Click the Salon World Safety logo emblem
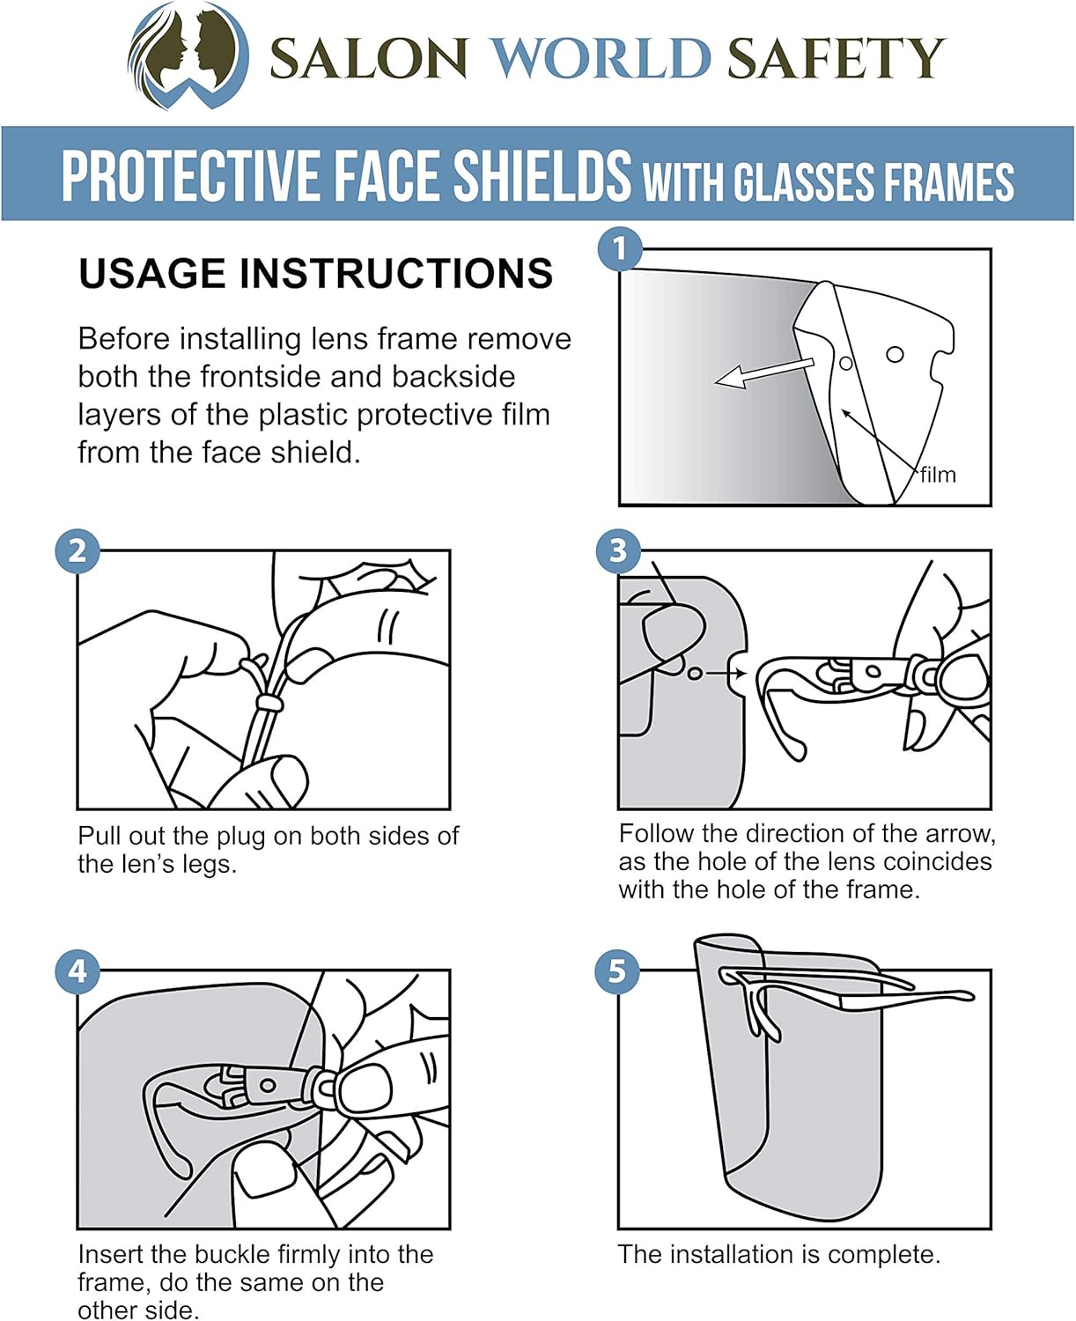pos(188,55)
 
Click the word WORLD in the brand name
pos(600,58)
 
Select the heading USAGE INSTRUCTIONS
pos(315,273)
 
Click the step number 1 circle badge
pos(620,248)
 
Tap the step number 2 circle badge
pos(77,551)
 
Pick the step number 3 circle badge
pos(618,550)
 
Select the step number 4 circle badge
pos(77,971)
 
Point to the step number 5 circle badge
pos(617,971)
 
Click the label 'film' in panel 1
pos(938,475)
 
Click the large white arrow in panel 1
pos(763,373)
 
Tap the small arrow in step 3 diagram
pos(726,674)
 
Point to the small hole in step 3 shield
pos(695,674)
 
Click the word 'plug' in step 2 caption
pos(241,837)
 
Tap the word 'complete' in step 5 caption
pos(882,1254)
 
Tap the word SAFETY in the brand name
pos(836,58)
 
